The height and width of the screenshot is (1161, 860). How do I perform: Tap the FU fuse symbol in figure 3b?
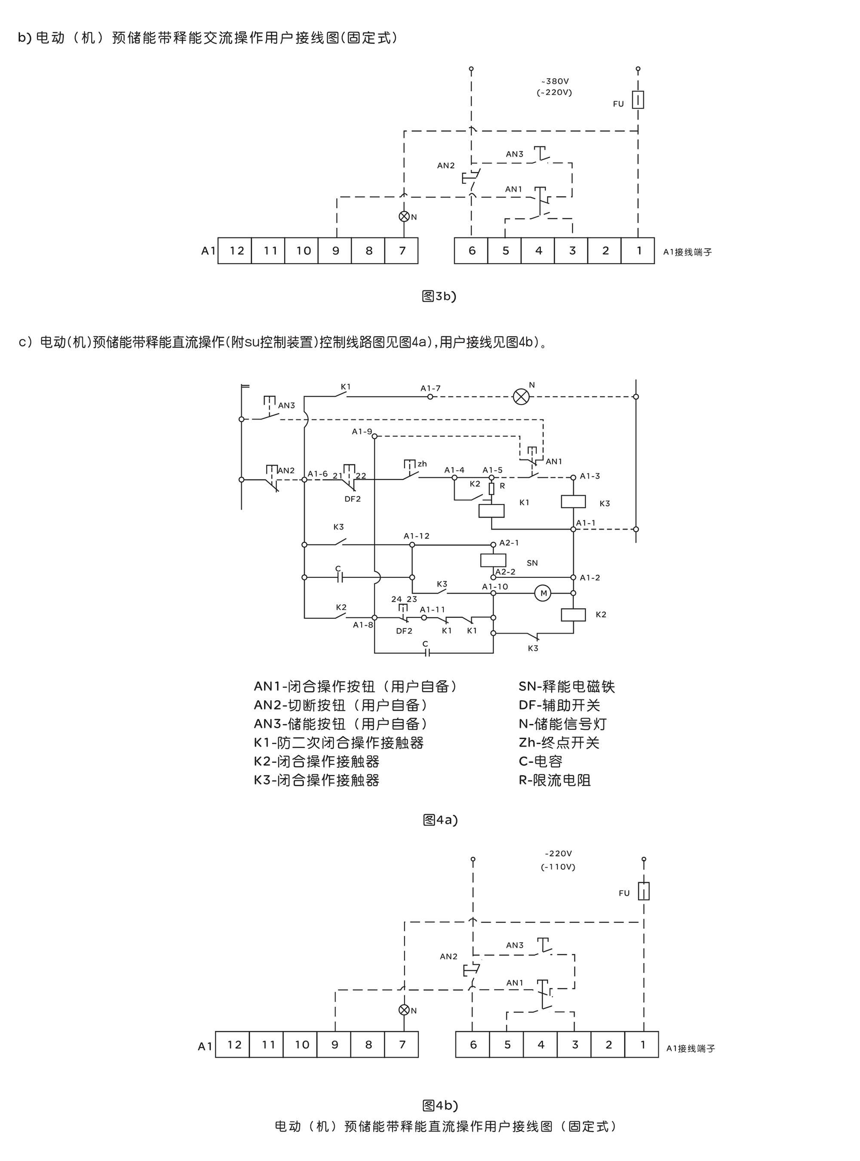[x=638, y=99]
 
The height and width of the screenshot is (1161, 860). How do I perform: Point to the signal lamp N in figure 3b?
[x=404, y=217]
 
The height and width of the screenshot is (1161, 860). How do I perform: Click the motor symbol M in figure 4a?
[x=543, y=593]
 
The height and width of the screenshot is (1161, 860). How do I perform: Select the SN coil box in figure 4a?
[x=493, y=560]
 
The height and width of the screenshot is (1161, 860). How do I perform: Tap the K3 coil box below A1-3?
[x=573, y=502]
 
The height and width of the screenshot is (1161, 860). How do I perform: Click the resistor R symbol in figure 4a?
[x=491, y=488]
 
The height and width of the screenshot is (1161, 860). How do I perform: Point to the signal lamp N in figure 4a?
[x=521, y=397]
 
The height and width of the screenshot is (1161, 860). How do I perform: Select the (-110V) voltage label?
[x=558, y=867]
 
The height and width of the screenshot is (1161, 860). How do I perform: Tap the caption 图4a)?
[x=440, y=820]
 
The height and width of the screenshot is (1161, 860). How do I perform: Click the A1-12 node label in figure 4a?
[x=417, y=536]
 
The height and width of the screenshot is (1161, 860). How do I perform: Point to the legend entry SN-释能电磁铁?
[x=566, y=687]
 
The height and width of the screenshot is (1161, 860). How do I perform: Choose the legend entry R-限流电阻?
[x=554, y=781]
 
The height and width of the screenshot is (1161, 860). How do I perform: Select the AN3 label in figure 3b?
[x=514, y=154]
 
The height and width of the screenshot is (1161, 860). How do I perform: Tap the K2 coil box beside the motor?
[x=573, y=615]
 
